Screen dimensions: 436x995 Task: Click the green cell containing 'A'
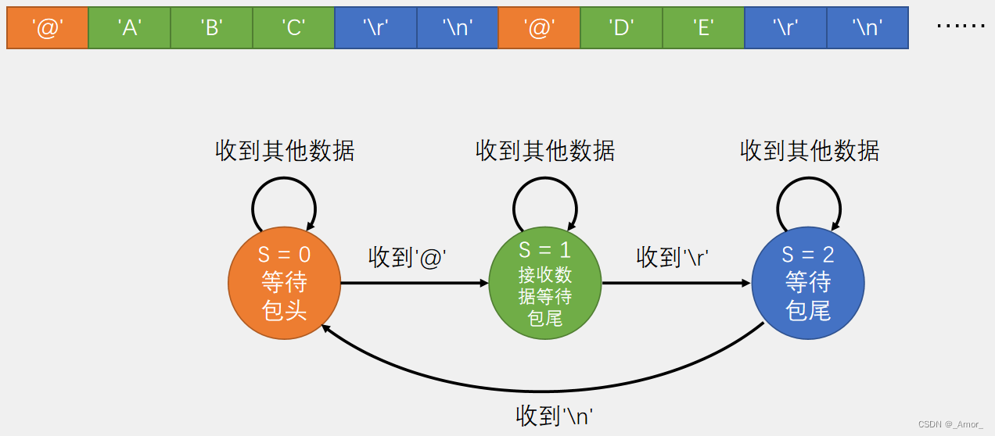(x=129, y=28)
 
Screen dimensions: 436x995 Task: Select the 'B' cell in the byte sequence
(x=211, y=28)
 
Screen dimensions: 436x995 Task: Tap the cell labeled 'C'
(x=293, y=28)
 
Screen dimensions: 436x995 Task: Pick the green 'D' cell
(x=621, y=28)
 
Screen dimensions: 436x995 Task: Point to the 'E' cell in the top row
(x=703, y=28)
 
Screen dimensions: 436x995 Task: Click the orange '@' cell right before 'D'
(x=539, y=28)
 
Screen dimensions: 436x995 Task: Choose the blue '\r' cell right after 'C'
(x=375, y=28)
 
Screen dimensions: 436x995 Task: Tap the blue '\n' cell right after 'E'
(x=867, y=28)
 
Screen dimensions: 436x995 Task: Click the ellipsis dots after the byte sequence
(x=961, y=27)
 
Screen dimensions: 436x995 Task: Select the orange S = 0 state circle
(x=284, y=283)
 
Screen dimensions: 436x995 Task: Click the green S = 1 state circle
(x=545, y=283)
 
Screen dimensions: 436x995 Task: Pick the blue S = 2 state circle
(x=808, y=283)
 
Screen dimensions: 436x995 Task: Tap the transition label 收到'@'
(x=412, y=257)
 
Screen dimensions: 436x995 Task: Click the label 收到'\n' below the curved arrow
(x=555, y=415)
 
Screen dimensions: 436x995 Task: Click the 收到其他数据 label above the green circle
(x=545, y=151)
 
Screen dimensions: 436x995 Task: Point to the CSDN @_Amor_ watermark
(x=950, y=424)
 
